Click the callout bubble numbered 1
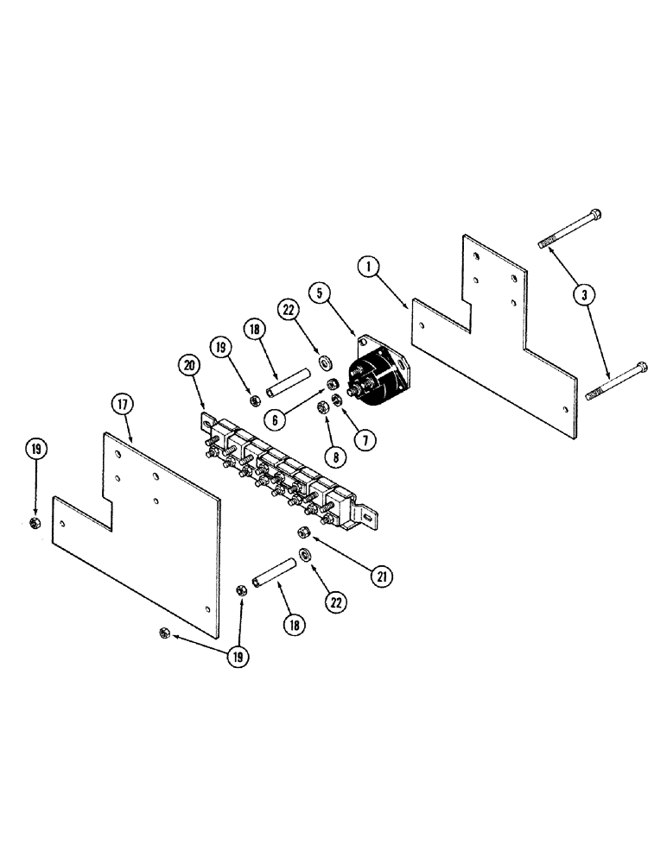(370, 268)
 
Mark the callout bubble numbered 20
(189, 366)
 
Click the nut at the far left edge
(35, 523)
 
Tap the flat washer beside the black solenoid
(326, 360)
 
